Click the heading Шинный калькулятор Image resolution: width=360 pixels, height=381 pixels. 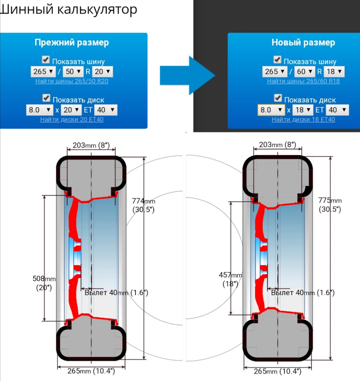(x=68, y=10)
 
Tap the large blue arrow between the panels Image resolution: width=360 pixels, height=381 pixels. (x=188, y=75)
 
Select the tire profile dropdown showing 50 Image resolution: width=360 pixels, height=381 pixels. (x=73, y=71)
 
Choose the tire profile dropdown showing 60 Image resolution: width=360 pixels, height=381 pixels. (x=304, y=71)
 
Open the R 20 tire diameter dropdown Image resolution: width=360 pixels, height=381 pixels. (x=102, y=71)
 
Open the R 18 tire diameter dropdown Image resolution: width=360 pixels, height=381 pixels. (x=334, y=71)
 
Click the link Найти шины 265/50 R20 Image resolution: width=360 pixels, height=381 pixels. (x=72, y=81)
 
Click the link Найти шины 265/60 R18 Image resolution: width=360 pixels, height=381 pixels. (x=303, y=81)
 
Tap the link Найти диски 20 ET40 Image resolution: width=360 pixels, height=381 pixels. (x=72, y=119)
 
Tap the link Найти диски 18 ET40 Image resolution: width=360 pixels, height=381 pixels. (x=303, y=119)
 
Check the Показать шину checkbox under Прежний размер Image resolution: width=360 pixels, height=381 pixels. (x=46, y=60)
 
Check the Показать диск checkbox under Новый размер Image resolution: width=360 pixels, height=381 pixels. (x=278, y=98)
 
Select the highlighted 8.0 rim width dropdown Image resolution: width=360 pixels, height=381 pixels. (x=271, y=110)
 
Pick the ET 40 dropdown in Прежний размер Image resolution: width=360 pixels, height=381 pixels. (x=106, y=110)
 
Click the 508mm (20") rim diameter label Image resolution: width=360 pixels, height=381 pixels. (x=44, y=283)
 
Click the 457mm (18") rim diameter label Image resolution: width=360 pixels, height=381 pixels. (x=230, y=279)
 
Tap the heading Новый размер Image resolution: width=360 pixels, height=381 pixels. (x=303, y=42)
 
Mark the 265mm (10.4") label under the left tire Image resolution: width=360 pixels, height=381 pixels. (x=91, y=371)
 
